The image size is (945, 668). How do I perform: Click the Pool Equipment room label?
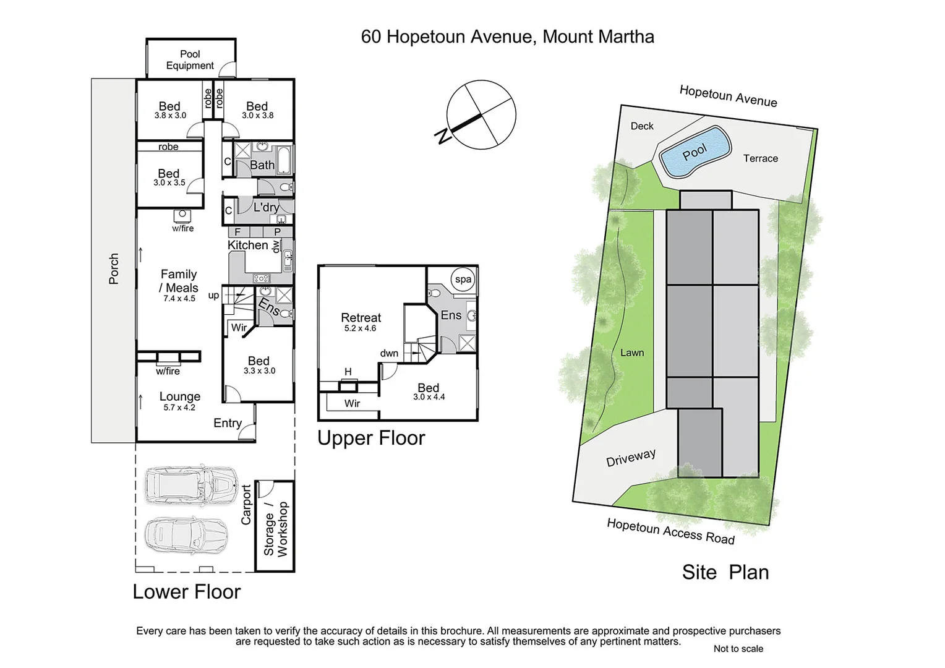[190, 60]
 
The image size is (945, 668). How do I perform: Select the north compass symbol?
[481, 115]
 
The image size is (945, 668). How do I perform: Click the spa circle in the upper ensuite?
[463, 280]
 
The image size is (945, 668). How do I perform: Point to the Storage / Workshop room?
[275, 527]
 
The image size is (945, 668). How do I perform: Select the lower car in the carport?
[186, 534]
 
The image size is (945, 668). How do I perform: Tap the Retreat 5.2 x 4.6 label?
[361, 322]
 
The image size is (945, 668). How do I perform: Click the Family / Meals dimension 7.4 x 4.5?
[179, 299]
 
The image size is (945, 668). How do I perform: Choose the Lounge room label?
[180, 397]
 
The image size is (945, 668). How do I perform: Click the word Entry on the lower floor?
[228, 423]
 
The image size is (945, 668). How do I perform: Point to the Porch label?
[114, 269]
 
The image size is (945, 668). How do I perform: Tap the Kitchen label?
[247, 246]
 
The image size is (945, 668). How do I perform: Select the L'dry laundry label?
[266, 208]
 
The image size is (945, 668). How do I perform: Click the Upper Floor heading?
[371, 438]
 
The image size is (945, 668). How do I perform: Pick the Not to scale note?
[738, 649]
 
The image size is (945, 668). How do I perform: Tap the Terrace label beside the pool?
[760, 159]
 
